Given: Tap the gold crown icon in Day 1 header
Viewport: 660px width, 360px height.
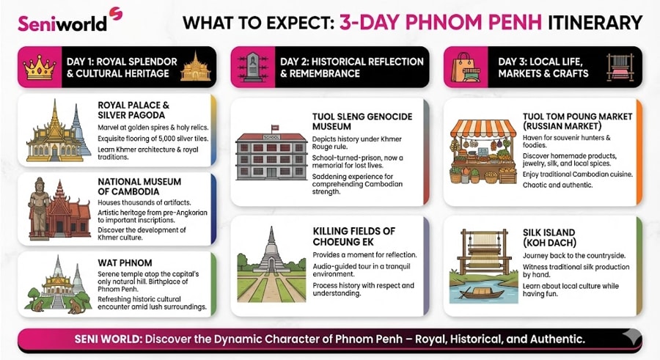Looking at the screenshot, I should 38,67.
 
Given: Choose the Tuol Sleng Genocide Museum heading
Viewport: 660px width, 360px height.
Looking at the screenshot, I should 362,122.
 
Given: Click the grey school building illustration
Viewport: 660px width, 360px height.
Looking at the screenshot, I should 271,156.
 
